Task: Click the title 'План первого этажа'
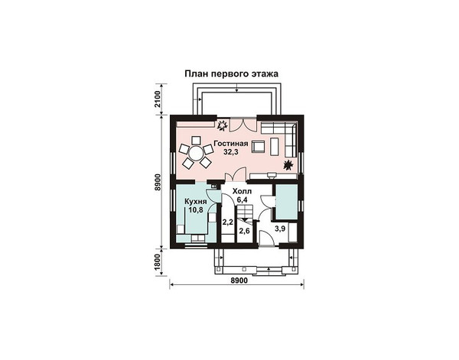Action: point(231,74)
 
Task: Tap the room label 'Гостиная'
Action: point(231,144)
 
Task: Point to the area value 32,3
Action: point(231,152)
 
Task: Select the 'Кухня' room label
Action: point(196,202)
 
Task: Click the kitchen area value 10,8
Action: point(196,209)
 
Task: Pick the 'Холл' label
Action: point(242,192)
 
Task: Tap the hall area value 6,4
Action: point(242,200)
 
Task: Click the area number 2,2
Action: point(227,222)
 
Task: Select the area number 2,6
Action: point(245,231)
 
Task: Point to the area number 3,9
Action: point(280,229)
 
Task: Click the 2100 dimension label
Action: point(158,99)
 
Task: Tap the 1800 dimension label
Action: point(158,261)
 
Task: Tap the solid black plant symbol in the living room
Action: point(288,165)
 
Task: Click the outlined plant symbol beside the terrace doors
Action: point(222,125)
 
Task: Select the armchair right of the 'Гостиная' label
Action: point(258,146)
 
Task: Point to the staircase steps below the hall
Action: point(244,212)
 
